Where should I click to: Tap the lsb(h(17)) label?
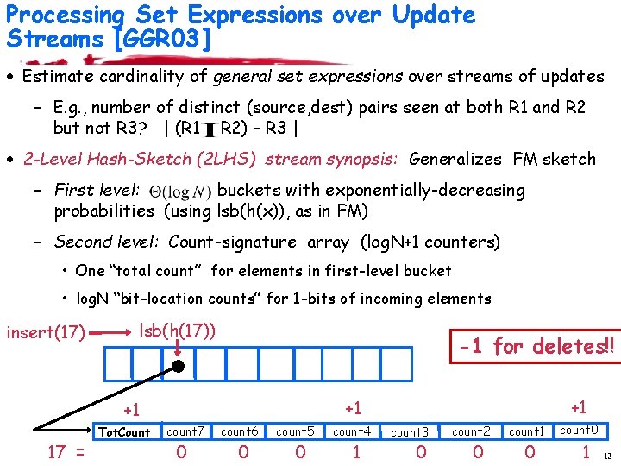(177, 329)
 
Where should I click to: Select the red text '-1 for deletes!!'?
(537, 347)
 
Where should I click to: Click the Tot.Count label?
(124, 432)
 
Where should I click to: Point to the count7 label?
(185, 431)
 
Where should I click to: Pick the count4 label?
(351, 431)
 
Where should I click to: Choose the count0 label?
(579, 430)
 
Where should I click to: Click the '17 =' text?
(66, 452)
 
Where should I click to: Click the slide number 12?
(608, 457)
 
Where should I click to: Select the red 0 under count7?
(181, 452)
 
